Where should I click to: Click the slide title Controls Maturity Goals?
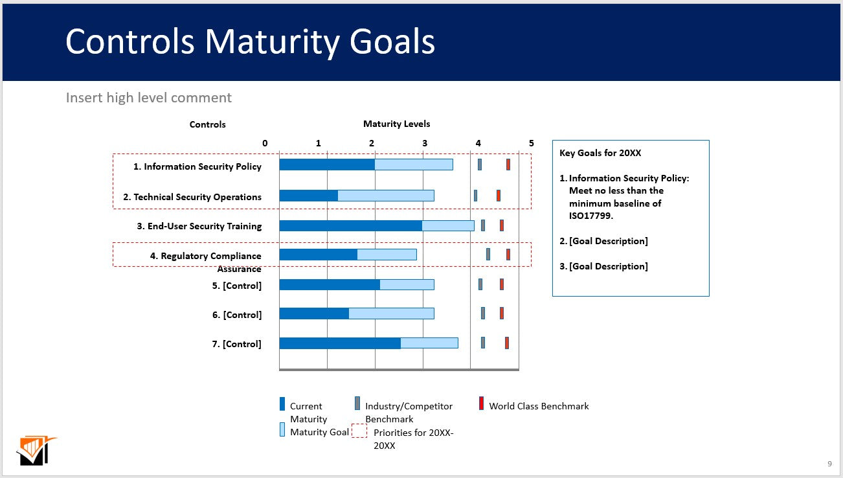tap(251, 42)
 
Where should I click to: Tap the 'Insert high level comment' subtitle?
tap(149, 98)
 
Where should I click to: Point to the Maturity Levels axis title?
tap(396, 124)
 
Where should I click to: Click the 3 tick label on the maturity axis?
tap(425, 143)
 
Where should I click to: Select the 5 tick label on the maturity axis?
tap(532, 143)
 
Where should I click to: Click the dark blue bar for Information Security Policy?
tap(327, 165)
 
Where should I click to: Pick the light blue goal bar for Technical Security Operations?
tap(386, 196)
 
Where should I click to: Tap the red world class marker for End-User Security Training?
tap(502, 225)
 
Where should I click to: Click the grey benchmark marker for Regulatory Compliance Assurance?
tap(488, 254)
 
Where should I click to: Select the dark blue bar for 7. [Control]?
tap(340, 343)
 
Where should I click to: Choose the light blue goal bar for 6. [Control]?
tap(391, 313)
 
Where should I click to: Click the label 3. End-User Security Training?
tap(199, 226)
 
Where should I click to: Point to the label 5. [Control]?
tap(237, 286)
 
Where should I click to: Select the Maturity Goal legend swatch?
tap(282, 429)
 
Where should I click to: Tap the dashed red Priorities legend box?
tap(359, 431)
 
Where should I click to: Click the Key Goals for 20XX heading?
tap(600, 153)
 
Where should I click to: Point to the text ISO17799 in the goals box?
tap(591, 216)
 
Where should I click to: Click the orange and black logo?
tap(36, 451)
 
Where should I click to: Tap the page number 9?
tap(830, 464)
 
